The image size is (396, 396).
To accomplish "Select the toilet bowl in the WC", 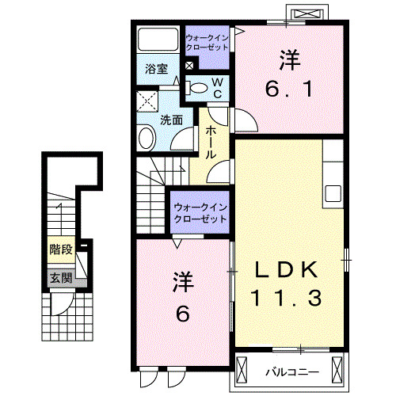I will [200, 87].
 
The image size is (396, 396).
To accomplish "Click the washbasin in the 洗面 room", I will [147, 139].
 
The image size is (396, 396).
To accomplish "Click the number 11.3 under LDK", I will [286, 299].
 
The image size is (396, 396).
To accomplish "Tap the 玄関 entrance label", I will [60, 278].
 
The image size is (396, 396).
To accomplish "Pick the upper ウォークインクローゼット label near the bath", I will [208, 42].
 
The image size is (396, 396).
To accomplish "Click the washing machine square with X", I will [146, 101].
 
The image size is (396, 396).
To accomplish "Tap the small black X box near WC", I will [189, 66].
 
